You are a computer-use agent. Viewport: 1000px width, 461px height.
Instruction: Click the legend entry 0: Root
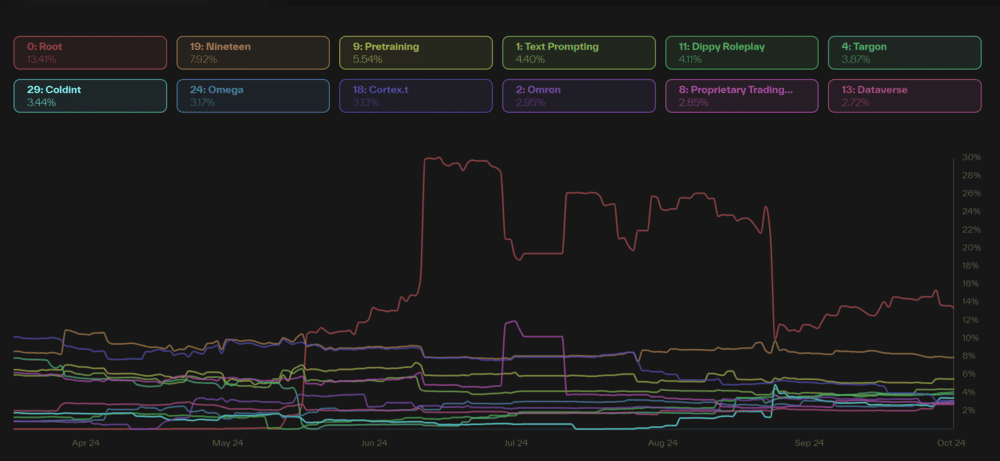coord(89,52)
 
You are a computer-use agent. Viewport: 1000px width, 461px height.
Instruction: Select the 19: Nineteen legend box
coord(252,52)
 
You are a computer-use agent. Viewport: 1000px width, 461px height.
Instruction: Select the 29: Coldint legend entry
coord(89,96)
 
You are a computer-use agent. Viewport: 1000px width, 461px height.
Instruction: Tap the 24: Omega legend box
coord(252,96)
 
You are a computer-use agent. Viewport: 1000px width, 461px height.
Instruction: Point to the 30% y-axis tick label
coord(971,157)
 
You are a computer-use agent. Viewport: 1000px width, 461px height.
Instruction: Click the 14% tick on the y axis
coord(971,301)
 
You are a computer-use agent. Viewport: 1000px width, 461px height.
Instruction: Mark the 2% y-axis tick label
coord(968,410)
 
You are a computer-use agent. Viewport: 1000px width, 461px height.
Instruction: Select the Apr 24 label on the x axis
coord(86,442)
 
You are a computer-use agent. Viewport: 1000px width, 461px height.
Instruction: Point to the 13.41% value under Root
coord(40,59)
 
